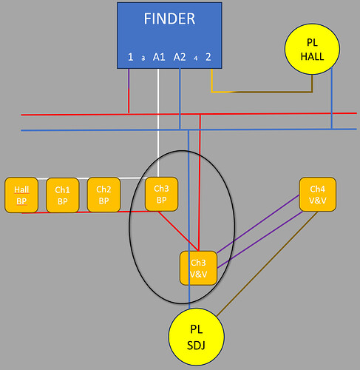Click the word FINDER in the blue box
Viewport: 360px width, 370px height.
tap(169, 18)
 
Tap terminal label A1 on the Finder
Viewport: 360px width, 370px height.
tap(159, 57)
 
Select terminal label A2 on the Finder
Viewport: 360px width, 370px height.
tap(180, 57)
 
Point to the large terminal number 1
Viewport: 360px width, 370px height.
tap(131, 57)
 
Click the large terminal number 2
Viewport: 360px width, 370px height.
tap(208, 57)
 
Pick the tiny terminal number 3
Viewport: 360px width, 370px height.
tap(143, 58)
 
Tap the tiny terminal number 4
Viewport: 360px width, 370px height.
tap(196, 58)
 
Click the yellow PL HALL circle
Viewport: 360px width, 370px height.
tap(312, 49)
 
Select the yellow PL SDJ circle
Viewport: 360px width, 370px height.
tap(197, 337)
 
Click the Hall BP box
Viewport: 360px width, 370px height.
tap(21, 195)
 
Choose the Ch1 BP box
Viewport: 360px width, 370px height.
tap(63, 195)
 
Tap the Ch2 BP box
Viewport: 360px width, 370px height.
tap(103, 195)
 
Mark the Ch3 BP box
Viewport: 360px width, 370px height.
tap(161, 194)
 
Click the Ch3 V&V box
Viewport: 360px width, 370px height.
tap(198, 268)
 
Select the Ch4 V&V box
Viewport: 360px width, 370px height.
tap(318, 195)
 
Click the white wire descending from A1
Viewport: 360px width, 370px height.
tap(158, 123)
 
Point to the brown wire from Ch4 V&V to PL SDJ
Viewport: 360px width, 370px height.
tap(267, 264)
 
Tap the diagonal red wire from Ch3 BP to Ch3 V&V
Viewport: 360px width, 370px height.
tap(179, 231)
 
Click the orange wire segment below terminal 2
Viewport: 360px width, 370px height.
tap(211, 81)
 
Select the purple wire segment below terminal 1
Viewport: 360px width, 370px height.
tap(129, 78)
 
